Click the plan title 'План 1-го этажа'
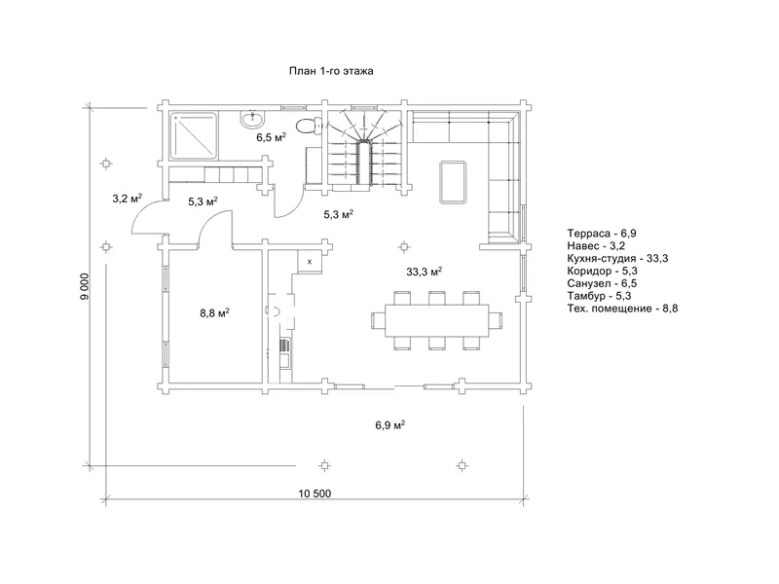point(331,71)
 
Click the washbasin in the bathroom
point(254,118)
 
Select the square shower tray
point(194,136)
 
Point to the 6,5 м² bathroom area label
point(272,137)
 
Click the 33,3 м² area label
point(425,272)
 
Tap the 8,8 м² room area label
point(214,312)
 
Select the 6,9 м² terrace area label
point(390,425)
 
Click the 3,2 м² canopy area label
point(128,199)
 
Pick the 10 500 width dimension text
point(315,493)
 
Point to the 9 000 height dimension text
point(85,286)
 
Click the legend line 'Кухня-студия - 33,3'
point(617,258)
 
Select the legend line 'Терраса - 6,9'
point(602,234)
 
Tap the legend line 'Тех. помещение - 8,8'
point(622,309)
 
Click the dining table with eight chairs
point(436,321)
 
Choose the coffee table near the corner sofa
point(453,182)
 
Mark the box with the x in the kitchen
point(310,261)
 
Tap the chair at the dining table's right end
point(496,321)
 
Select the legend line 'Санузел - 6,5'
point(602,283)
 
